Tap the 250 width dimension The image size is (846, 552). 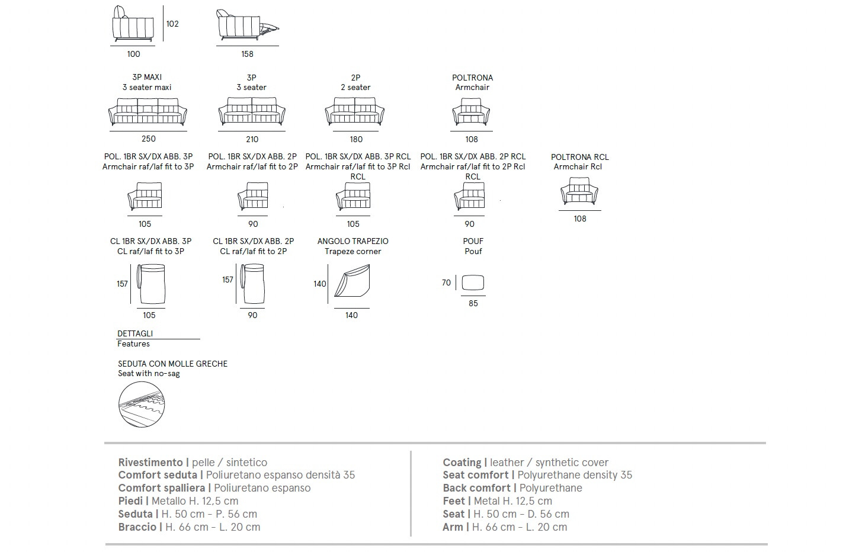pos(148,139)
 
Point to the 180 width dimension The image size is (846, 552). pos(355,139)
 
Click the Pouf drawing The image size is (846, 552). pos(472,283)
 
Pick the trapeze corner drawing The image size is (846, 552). pos(353,281)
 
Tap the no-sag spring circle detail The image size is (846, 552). pos(141,403)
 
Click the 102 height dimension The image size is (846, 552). pos(172,24)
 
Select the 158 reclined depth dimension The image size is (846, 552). pos(247,54)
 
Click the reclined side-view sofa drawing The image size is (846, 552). pos(246,25)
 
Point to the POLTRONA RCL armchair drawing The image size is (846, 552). pos(579,193)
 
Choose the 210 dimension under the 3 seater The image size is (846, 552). pos(252,139)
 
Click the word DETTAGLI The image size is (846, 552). pos(135,333)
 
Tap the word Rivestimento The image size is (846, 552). pos(150,463)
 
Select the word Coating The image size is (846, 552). pos(462,463)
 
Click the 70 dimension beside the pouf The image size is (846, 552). pos(446,283)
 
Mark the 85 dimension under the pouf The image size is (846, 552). pos(473,303)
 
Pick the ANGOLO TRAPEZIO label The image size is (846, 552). pos(353,241)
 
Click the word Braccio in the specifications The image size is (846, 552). pos(137,527)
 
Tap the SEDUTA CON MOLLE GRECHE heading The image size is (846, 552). pos(172,364)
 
